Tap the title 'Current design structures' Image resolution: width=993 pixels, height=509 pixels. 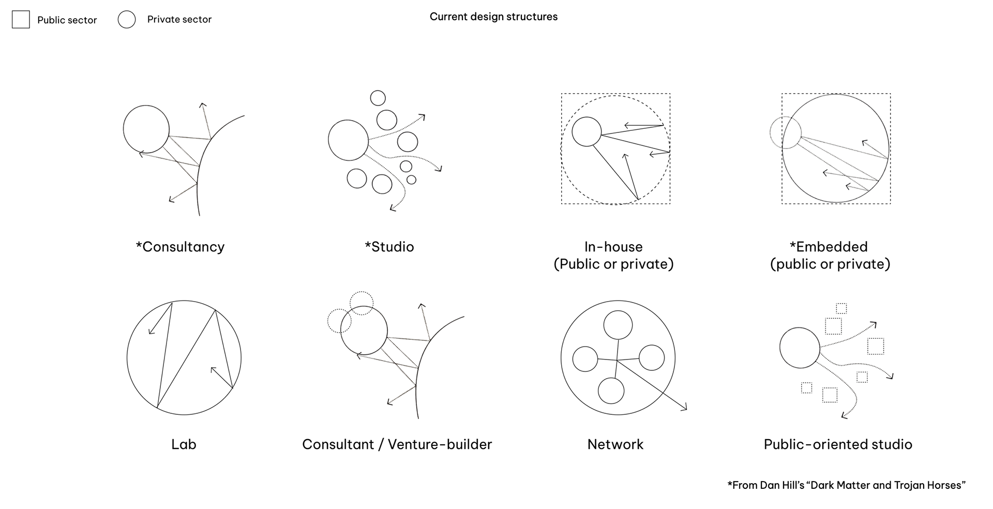[493, 17]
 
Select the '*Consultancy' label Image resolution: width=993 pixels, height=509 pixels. [180, 247]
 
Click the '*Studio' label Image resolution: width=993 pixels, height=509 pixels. [389, 247]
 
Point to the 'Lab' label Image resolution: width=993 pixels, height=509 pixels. [184, 444]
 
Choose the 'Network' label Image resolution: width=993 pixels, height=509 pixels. [615, 444]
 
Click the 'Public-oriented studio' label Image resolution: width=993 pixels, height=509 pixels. [838, 444]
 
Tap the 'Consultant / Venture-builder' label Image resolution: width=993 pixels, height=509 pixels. [397, 444]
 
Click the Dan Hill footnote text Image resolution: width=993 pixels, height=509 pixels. [847, 485]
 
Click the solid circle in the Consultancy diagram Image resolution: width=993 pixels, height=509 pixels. [146, 106]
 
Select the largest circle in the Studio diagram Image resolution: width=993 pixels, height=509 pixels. [349, 121]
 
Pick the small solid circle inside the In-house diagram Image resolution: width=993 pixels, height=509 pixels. [586, 117]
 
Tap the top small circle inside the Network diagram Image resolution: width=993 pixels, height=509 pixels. [618, 311]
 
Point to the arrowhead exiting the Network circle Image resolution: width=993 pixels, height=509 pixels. [684, 408]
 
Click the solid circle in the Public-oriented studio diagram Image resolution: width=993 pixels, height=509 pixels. [800, 328]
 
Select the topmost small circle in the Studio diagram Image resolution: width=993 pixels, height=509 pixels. [378, 91]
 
